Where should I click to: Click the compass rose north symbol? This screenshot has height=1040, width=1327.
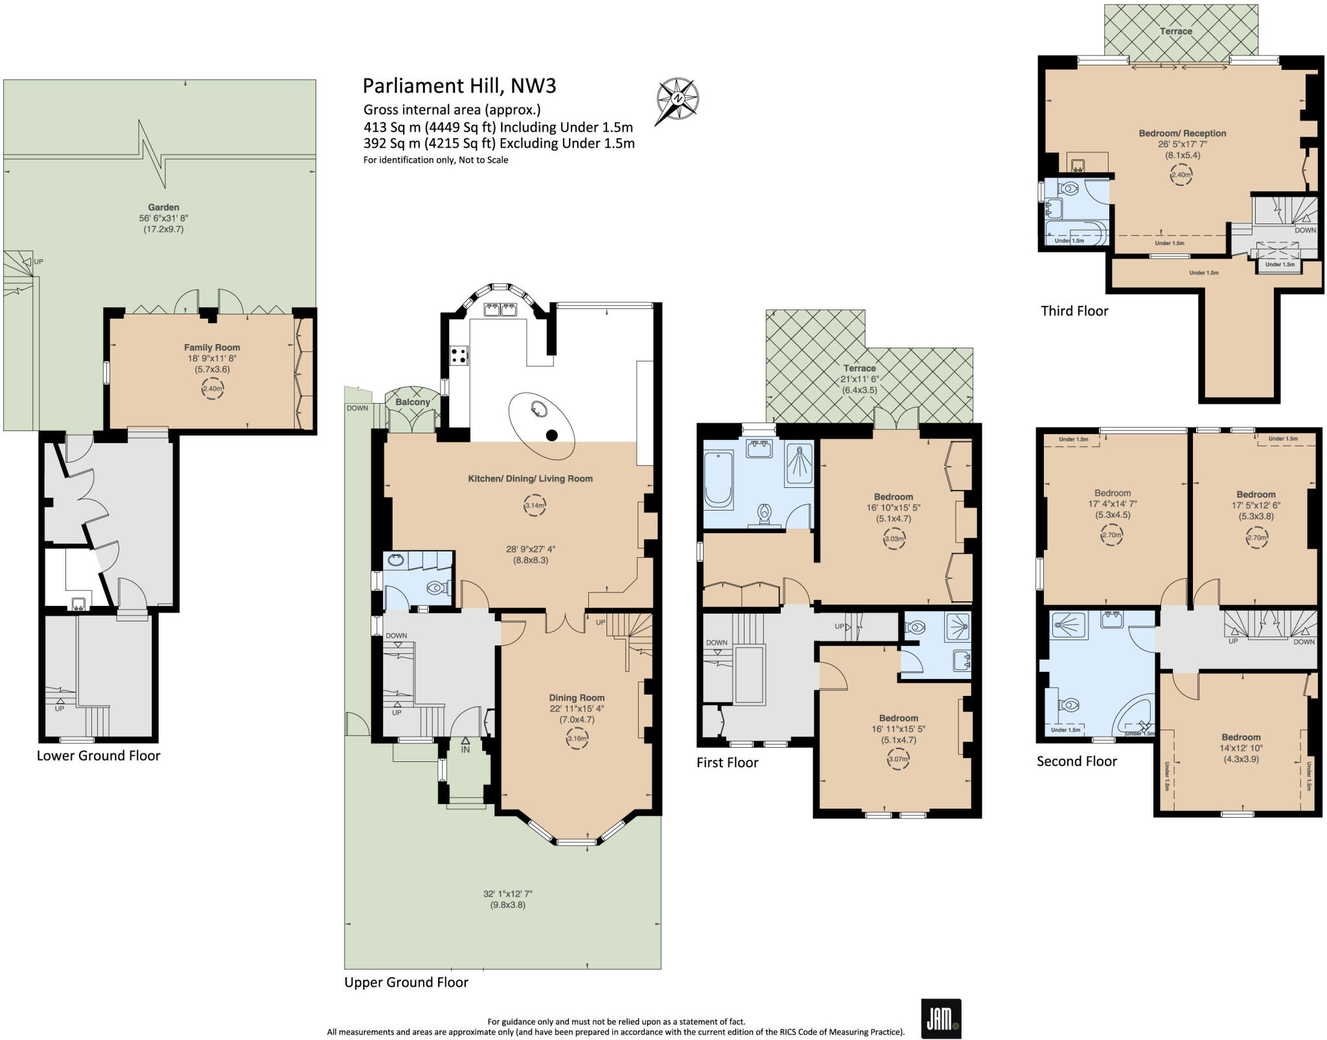(x=678, y=99)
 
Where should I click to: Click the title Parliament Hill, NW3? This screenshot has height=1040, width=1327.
(x=459, y=86)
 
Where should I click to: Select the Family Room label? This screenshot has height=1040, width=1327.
(x=212, y=347)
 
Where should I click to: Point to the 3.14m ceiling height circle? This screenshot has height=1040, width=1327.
(x=535, y=505)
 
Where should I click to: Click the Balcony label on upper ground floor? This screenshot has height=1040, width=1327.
(x=413, y=402)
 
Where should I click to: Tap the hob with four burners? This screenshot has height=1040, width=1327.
(x=459, y=355)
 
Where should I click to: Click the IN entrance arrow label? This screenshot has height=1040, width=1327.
(x=465, y=749)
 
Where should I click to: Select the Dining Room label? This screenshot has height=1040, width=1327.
(x=577, y=698)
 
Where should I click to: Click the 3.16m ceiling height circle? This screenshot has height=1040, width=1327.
(x=577, y=738)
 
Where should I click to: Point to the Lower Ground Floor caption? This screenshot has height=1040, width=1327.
(x=98, y=756)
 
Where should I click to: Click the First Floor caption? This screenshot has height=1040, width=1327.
(x=727, y=763)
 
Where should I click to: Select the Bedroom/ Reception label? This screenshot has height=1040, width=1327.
(x=1183, y=133)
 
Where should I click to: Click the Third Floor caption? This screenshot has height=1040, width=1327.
(x=1074, y=311)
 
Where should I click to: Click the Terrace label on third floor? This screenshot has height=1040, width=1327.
(x=1176, y=31)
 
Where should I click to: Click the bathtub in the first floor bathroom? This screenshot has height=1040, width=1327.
(x=718, y=480)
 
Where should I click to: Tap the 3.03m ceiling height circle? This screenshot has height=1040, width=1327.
(x=894, y=538)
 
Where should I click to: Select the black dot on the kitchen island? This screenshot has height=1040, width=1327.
(x=551, y=435)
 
